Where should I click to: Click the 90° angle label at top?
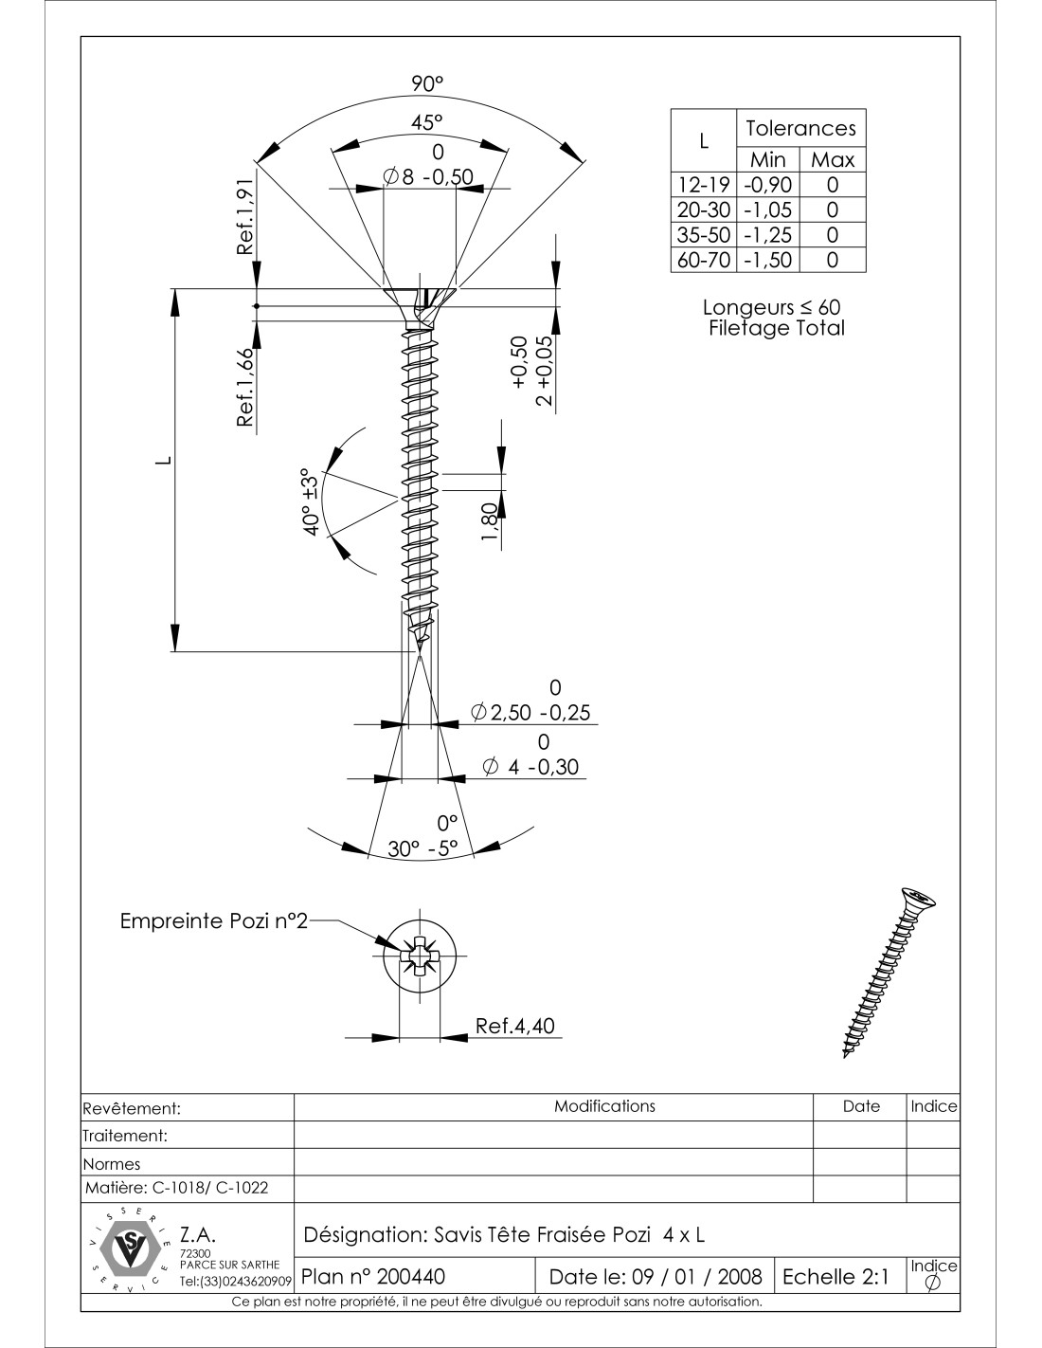pyautogui.click(x=426, y=84)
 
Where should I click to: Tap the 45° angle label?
pyautogui.click(x=426, y=122)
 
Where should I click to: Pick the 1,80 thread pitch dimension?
pyautogui.click(x=489, y=523)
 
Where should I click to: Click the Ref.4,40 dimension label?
pyautogui.click(x=515, y=1026)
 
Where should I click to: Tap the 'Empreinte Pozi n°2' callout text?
pyautogui.click(x=214, y=921)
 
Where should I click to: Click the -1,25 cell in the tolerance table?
pyautogui.click(x=766, y=235)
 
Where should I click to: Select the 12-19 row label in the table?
pyautogui.click(x=702, y=185)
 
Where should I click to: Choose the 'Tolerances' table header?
pyautogui.click(x=800, y=128)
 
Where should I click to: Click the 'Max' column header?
pyautogui.click(x=833, y=160)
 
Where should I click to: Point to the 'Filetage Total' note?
pyautogui.click(x=776, y=328)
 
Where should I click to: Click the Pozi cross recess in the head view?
pyautogui.click(x=418, y=956)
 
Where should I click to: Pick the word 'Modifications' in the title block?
pyautogui.click(x=604, y=1106)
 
